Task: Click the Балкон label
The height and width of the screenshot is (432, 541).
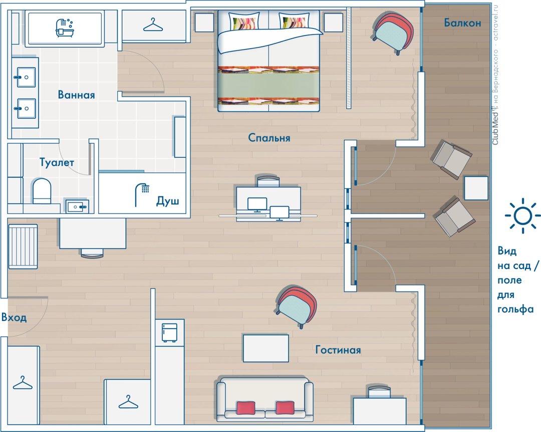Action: click(462, 23)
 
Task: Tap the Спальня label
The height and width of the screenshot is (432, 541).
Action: click(269, 138)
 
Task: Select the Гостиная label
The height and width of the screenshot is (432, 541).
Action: click(338, 350)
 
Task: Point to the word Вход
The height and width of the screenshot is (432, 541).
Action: click(14, 317)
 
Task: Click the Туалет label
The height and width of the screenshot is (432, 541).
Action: click(57, 162)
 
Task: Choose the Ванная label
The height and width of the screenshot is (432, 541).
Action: click(76, 94)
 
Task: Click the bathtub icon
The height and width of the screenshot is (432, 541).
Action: click(65, 27)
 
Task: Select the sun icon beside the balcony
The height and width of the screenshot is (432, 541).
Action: click(522, 216)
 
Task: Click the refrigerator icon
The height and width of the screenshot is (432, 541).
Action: click(169, 332)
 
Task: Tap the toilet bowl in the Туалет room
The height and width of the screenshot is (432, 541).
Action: click(42, 191)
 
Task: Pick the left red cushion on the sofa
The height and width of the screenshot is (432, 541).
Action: click(245, 407)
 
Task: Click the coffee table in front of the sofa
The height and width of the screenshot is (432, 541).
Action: click(265, 348)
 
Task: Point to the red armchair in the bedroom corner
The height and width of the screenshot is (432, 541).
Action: click(393, 31)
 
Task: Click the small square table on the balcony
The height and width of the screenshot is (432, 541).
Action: click(476, 188)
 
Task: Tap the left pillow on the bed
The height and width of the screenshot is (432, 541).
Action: click(244, 21)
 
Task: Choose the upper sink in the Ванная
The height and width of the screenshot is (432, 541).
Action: click(25, 77)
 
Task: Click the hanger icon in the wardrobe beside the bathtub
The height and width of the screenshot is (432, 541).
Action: click(153, 25)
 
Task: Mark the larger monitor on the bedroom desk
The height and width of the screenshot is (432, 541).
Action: click(257, 204)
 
